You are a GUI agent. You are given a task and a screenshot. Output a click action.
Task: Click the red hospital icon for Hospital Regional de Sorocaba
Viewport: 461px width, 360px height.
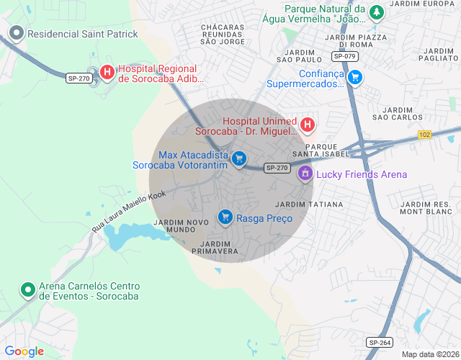[107, 72]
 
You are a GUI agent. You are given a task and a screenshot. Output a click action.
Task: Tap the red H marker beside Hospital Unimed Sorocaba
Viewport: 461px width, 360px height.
[308, 126]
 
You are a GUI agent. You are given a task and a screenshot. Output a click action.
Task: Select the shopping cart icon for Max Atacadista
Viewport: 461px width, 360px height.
[239, 159]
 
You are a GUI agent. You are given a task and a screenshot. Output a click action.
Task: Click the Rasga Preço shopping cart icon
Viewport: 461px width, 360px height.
[225, 217]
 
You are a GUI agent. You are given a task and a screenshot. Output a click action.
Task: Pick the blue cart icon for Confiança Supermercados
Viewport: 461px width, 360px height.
[354, 77]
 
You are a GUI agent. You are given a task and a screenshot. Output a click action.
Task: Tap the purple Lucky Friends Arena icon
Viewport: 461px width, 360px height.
[305, 174]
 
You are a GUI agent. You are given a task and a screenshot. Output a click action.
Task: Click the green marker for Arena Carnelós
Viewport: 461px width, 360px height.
[28, 290]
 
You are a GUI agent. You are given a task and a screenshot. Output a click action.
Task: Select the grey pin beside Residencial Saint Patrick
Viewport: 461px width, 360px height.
[17, 33]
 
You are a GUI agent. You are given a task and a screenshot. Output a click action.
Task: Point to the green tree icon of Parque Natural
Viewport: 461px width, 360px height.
[375, 12]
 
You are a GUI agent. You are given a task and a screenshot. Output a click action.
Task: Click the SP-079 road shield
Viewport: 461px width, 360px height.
[345, 55]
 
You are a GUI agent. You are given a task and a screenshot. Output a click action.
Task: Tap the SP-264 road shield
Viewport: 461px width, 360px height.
[379, 342]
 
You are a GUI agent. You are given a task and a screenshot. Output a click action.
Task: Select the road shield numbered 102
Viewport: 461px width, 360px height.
[424, 134]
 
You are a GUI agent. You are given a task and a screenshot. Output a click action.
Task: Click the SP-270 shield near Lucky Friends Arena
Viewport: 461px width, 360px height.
[277, 168]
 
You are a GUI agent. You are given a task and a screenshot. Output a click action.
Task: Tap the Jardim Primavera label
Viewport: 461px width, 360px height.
[215, 248]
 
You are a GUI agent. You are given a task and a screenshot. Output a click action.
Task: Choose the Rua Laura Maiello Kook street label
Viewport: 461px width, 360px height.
[129, 210]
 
